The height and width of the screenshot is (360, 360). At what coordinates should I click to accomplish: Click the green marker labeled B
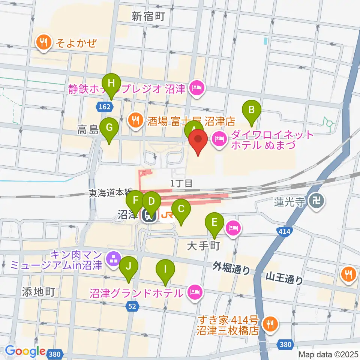[252, 110]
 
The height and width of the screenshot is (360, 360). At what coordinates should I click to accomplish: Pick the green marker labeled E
[214, 222]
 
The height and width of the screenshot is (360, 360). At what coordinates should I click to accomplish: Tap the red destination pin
[199, 141]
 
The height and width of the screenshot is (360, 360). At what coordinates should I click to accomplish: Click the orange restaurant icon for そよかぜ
[44, 42]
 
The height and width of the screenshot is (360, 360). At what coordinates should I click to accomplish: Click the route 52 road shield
[132, 306]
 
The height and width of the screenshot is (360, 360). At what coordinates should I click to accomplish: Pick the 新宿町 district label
[148, 16]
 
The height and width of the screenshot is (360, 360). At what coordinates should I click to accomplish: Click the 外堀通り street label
[231, 268]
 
